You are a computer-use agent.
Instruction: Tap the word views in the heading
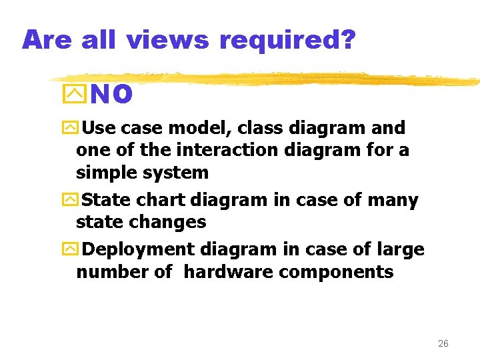tap(167, 40)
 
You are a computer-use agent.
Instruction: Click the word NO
tap(111, 95)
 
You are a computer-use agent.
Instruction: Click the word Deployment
tap(136, 250)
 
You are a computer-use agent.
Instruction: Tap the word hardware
tap(229, 272)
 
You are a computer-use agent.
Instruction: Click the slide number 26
tap(443, 344)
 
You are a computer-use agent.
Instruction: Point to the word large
tap(399, 250)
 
